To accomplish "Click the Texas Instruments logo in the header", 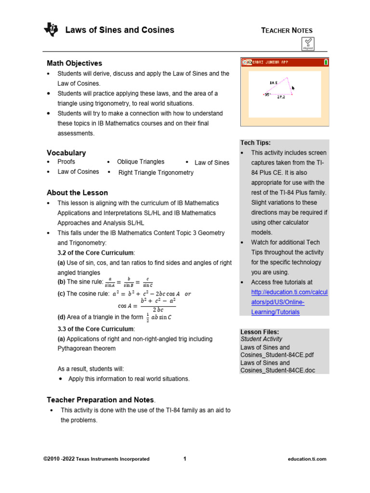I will click(51, 30).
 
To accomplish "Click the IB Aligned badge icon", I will click(308, 44).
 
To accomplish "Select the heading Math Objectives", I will click(74, 63).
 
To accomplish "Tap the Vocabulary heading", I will click(66, 153).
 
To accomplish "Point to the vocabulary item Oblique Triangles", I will click(141, 162).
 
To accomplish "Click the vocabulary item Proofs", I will click(66, 162).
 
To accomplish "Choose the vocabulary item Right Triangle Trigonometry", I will click(156, 172).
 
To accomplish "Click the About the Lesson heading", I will click(77, 193).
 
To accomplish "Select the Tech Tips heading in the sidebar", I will click(255, 143).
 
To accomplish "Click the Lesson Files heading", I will click(259, 332).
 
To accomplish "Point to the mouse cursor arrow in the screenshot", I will click(293, 88).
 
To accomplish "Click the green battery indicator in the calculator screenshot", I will click(326, 62).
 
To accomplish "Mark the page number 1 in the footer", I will click(185, 459).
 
